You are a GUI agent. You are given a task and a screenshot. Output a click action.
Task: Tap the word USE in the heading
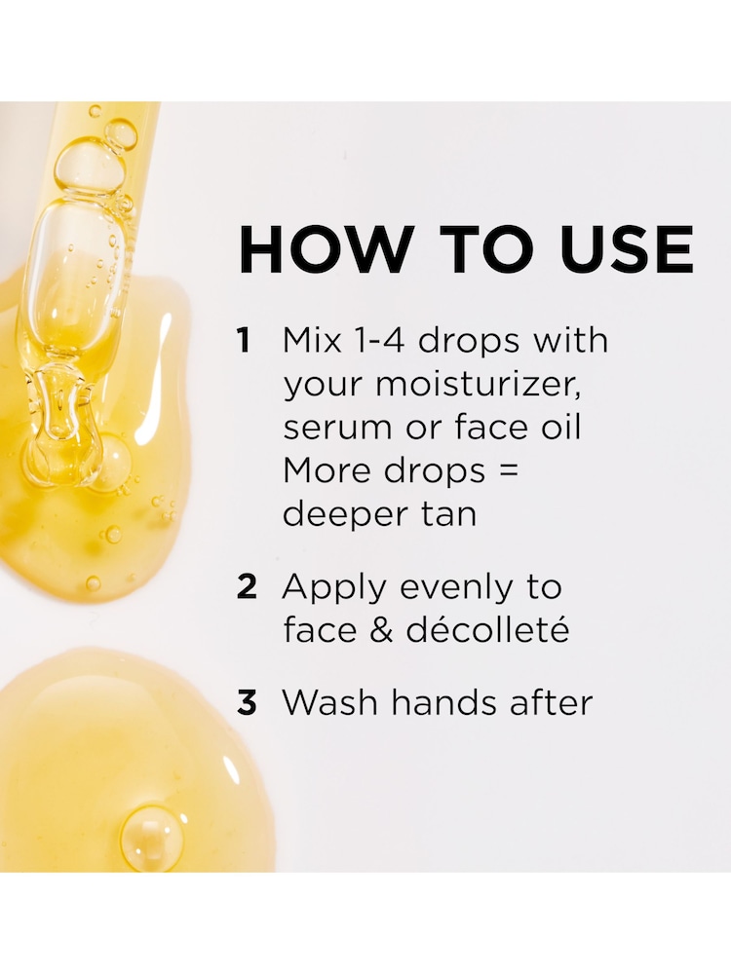[622, 249]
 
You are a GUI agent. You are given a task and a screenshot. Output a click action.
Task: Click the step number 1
[244, 340]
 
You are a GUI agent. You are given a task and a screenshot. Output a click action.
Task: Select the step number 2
[247, 587]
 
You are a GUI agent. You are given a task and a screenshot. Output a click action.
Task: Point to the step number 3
[247, 703]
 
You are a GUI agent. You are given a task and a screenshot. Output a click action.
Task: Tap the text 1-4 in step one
[378, 340]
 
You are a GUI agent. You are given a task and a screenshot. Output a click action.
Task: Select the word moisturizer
[479, 385]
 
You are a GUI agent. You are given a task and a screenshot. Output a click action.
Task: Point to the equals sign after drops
[509, 471]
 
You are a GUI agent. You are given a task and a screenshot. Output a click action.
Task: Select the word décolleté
[488, 630]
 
